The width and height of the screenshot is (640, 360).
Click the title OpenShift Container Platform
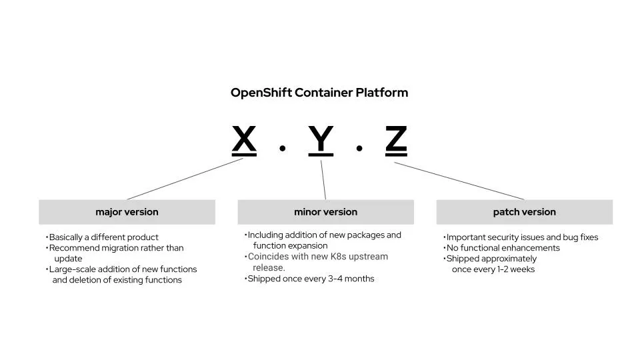tap(319, 93)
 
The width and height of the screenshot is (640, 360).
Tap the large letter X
tap(244, 140)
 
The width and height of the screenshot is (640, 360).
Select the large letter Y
tap(321, 140)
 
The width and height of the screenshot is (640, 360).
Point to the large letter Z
tap(396, 140)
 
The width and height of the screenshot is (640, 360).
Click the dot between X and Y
tap(283, 148)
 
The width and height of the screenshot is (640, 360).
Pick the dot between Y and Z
tap(359, 148)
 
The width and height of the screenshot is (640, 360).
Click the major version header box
tap(127, 212)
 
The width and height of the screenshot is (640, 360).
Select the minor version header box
tap(325, 212)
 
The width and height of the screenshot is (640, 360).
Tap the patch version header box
tap(524, 212)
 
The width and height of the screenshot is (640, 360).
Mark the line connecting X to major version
tap(185, 179)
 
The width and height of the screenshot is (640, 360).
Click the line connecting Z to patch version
tap(459, 180)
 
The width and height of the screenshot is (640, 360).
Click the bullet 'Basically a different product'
tap(103, 237)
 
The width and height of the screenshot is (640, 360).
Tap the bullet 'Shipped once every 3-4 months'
tap(311, 279)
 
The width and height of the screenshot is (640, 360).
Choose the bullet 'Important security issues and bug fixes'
tap(522, 237)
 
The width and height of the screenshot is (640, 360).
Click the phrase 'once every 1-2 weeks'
tap(493, 269)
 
